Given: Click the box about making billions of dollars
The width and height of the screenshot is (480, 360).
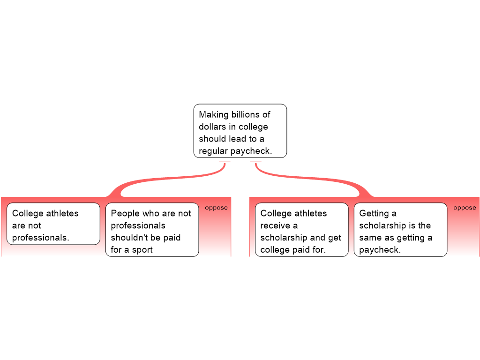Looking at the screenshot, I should (240, 131).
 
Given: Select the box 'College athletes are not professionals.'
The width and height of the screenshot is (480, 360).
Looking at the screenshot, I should (53, 224).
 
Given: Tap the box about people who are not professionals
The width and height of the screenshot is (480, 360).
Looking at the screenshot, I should (152, 230).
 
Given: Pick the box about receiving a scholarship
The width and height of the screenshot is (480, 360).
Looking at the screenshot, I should (301, 230).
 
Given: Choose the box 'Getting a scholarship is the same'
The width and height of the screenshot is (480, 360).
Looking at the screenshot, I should (400, 230).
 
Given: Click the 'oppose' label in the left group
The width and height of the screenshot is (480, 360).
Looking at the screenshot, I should (216, 208).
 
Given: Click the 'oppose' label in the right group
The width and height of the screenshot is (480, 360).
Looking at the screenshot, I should (465, 208).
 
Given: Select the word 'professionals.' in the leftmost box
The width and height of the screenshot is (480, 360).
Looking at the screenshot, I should (41, 238).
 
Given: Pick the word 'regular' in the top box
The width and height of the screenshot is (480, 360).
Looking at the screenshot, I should (213, 151).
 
